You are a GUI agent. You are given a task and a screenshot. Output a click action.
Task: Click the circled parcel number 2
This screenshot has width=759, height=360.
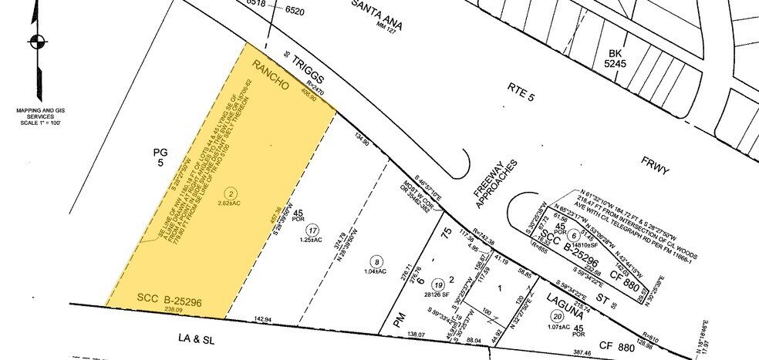229,192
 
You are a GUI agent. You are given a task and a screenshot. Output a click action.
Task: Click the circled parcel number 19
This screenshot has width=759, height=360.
437,283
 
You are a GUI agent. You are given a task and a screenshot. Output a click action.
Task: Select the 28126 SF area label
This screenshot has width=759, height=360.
438,293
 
